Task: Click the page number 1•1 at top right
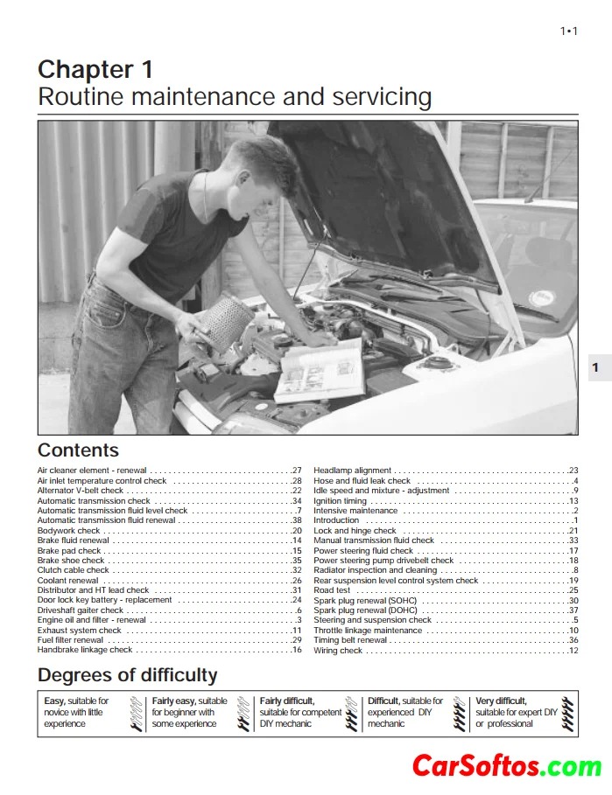tap(568, 31)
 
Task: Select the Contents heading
tap(78, 450)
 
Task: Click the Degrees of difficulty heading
tap(127, 675)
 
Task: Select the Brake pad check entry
tap(69, 551)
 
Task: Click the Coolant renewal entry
tap(67, 581)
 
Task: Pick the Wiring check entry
tap(338, 651)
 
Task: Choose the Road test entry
tap(332, 590)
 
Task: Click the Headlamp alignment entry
tap(353, 471)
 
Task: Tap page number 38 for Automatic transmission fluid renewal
tap(297, 520)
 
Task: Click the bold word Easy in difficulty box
tap(54, 701)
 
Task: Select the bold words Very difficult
tap(501, 701)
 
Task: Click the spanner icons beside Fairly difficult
tap(351, 714)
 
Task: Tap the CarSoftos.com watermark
tap(507, 766)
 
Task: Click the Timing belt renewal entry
tap(350, 640)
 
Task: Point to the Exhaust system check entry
tap(80, 631)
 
